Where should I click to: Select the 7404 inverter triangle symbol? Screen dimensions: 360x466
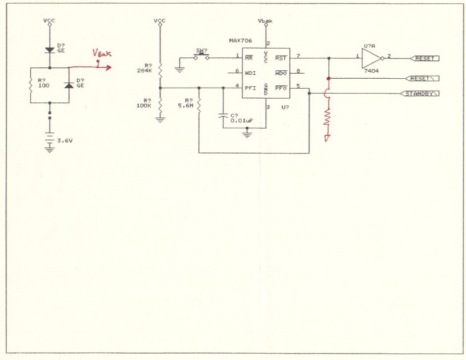[370, 58]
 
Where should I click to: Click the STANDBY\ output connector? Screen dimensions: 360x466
[420, 93]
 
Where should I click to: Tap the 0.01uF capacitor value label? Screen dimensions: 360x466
[239, 120]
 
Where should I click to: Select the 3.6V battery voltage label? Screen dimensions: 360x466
[65, 141]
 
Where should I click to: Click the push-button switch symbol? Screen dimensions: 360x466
[202, 56]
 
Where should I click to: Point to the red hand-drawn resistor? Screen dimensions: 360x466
[327, 118]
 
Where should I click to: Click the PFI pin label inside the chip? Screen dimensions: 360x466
[250, 88]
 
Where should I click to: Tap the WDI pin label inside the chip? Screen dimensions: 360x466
[250, 73]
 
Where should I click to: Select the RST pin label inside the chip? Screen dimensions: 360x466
[281, 58]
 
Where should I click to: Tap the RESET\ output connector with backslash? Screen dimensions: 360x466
[422, 79]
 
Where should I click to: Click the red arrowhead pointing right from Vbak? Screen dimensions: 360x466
[107, 67]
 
